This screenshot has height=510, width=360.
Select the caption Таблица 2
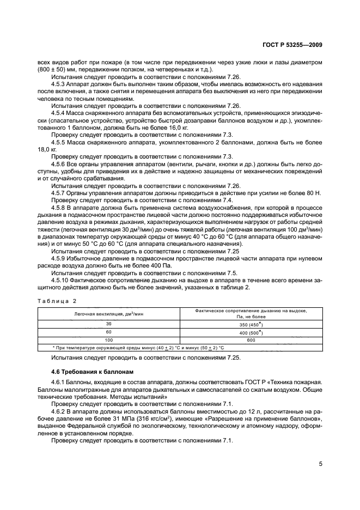(57, 301)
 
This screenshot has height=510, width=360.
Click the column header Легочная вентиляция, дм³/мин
(109, 314)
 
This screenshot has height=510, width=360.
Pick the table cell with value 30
(109, 324)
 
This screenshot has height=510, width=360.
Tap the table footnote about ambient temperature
(138, 347)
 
